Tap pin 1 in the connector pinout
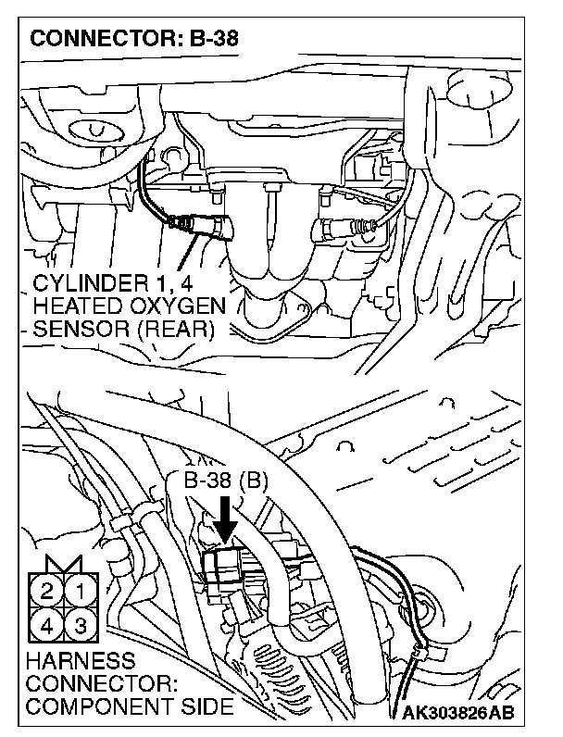81,589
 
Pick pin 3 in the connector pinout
81,623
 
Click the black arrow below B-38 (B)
225,518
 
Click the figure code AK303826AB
457,713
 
